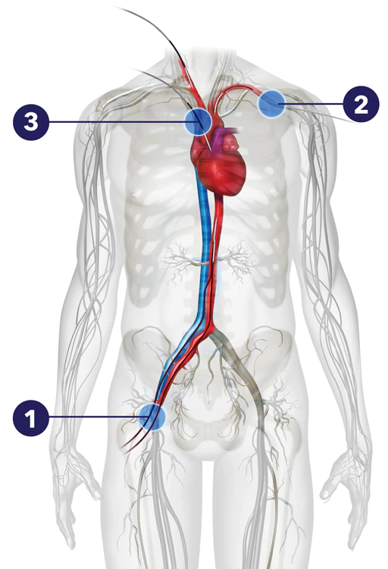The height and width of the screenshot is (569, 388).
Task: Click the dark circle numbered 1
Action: point(31,418)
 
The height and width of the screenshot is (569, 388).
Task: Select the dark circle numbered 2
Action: point(361,104)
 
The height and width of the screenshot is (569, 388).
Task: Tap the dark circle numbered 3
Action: point(31,122)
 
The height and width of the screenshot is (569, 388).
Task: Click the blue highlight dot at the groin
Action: point(152,417)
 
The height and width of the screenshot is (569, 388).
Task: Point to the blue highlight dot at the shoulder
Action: point(271,104)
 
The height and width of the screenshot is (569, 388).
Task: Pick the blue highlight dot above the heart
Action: point(198,121)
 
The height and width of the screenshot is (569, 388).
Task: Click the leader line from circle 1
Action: point(94,417)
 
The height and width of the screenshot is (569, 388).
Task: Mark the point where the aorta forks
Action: point(211,326)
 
